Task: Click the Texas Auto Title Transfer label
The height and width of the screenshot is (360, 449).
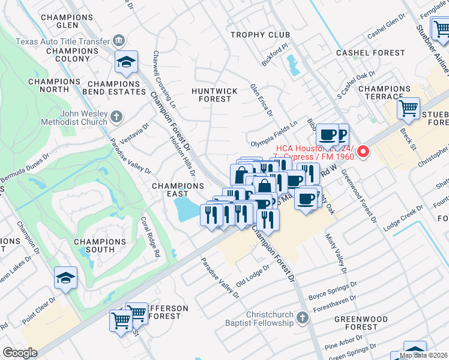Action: [62, 41]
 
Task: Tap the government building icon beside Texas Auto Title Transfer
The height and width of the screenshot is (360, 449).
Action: [119, 41]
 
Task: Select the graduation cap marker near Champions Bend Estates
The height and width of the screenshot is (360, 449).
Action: [127, 62]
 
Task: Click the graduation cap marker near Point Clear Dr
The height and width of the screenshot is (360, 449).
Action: [65, 278]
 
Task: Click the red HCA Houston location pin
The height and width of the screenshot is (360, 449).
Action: [363, 153]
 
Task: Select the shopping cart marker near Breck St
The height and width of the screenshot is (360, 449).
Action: [409, 109]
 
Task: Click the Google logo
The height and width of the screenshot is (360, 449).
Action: [20, 353]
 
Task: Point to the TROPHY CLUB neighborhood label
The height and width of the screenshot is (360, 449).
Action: [261, 35]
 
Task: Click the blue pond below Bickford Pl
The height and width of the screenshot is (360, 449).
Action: [293, 65]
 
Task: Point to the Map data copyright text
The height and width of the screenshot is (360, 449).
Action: [423, 355]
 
